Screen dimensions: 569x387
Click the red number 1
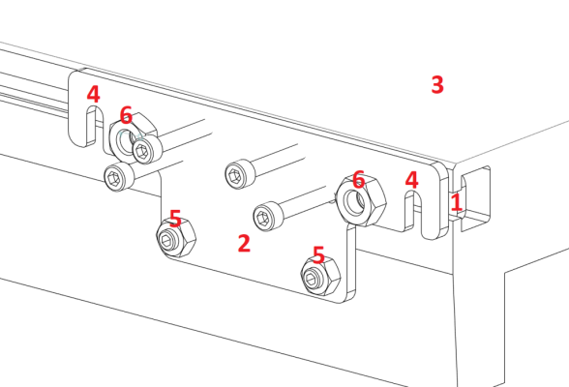click(456, 202)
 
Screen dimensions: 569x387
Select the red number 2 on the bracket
click(244, 243)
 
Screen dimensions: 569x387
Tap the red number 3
click(437, 84)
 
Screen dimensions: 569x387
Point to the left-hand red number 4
click(93, 94)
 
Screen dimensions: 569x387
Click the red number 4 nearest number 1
click(412, 180)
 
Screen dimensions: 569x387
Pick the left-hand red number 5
click(175, 219)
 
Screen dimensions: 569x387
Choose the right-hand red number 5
click(318, 254)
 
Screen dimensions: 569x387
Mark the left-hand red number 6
click(126, 115)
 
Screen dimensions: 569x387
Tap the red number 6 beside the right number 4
click(358, 179)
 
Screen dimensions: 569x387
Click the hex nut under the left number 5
click(176, 238)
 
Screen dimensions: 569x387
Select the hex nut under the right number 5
click(320, 277)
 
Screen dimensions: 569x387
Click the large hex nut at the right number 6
click(361, 200)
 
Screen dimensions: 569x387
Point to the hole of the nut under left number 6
click(125, 140)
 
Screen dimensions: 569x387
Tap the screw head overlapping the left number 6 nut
click(147, 149)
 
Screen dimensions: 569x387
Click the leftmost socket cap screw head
click(119, 177)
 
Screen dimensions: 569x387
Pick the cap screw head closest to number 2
click(268, 217)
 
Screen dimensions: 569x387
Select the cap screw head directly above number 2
click(240, 174)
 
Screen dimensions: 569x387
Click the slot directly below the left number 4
click(92, 126)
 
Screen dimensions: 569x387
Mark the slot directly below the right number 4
click(428, 215)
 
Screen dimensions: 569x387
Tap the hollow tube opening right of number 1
click(475, 198)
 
